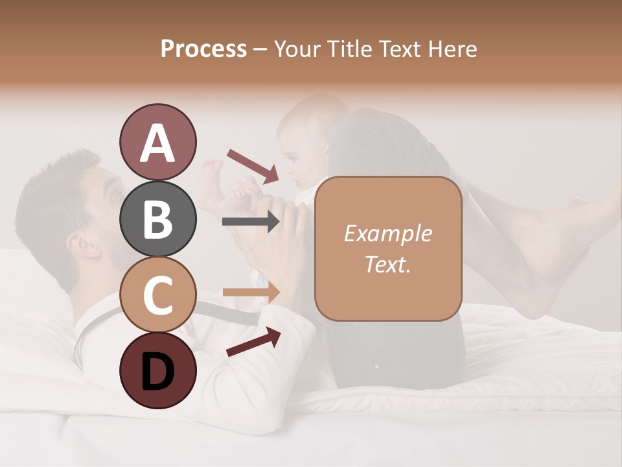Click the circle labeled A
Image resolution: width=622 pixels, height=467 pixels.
coord(157,143)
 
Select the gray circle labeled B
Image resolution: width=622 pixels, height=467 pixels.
coord(157,219)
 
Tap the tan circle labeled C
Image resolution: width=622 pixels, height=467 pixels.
coord(157,295)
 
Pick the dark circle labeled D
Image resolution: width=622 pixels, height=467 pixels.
coord(157,370)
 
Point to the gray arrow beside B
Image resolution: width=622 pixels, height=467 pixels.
coord(251,222)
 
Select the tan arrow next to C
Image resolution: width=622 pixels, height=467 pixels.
coord(251,292)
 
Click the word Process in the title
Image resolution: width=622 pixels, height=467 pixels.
coord(203,49)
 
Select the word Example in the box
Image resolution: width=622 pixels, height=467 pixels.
coord(388,233)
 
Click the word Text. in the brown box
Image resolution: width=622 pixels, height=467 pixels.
coord(388,264)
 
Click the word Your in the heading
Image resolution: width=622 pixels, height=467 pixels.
coord(299,49)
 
